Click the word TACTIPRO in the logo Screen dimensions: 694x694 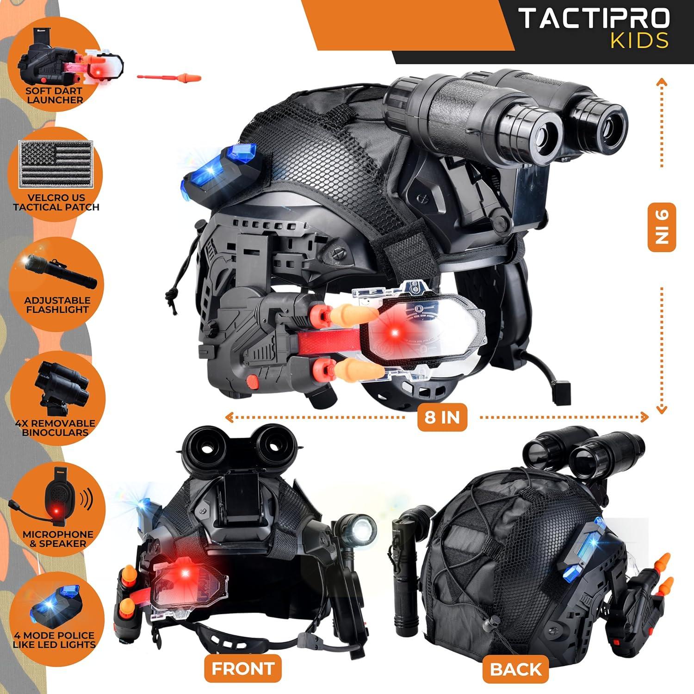point(594,18)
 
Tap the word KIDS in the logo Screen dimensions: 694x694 point(639,41)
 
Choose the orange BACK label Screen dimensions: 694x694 point(516,669)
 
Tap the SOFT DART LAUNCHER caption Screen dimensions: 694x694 point(55,95)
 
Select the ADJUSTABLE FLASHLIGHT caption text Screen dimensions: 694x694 point(57,305)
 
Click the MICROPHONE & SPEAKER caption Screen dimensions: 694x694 point(58,539)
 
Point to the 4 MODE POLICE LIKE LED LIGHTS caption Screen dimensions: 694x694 point(55,640)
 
